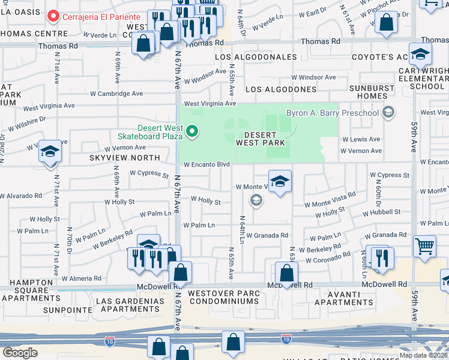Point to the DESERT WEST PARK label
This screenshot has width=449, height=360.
[260, 139]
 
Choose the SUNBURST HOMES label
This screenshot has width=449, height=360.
[376, 92]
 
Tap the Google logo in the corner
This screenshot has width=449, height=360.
[20, 352]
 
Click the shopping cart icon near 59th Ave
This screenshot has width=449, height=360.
[424, 245]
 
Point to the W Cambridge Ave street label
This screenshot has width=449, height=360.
[113, 94]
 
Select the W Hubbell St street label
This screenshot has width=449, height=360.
[381, 212]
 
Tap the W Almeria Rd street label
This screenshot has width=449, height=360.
[82, 278]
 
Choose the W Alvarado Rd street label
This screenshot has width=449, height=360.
[21, 196]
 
